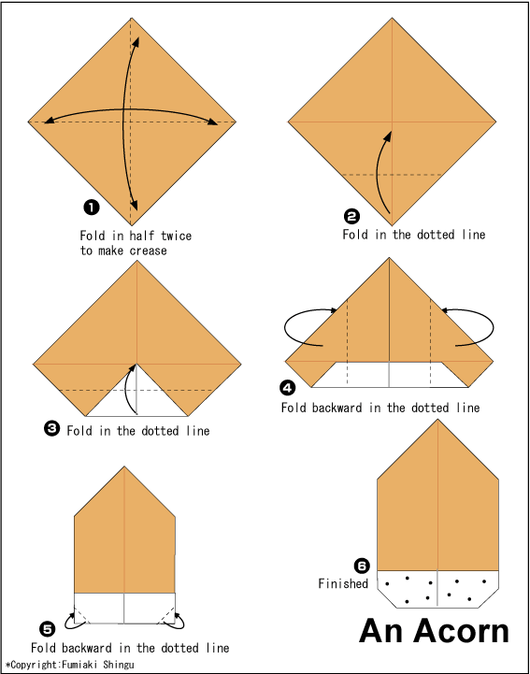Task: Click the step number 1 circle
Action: (92, 207)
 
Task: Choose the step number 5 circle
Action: (49, 627)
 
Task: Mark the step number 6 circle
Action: (362, 565)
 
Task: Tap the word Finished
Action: (343, 584)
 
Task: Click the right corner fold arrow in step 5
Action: (176, 614)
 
